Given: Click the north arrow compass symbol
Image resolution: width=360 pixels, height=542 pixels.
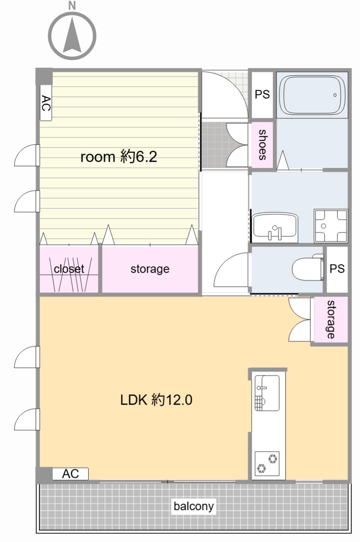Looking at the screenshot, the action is pos(72,36).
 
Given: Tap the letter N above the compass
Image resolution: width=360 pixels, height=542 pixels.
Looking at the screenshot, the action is pos(72,5).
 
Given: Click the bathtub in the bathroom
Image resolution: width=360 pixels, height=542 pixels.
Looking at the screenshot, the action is pos(312,95).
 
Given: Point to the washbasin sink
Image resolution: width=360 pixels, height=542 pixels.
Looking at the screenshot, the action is pos(275,227).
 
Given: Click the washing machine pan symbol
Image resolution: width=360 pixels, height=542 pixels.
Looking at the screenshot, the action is pos(331,226).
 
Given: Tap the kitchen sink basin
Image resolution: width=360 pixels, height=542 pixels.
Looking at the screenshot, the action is pos(267,393).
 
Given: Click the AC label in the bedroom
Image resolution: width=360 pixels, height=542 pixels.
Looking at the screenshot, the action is pos(46,103).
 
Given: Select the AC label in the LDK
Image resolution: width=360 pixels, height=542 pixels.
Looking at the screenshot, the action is pos(70,474).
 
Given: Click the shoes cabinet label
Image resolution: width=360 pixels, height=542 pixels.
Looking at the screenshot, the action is pos(262,145).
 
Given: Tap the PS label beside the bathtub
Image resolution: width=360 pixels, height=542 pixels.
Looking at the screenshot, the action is pos(262,94).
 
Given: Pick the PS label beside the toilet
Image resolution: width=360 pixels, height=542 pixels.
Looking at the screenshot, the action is pos(337,268).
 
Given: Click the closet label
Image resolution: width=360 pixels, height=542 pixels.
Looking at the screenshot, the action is pos(69,269).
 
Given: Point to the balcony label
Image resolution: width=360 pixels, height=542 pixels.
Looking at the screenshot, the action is pos(194,506).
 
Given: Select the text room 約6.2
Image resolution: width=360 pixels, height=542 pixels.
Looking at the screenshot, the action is pos(119,157).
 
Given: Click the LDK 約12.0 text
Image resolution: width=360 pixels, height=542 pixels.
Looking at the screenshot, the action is pos(156,400).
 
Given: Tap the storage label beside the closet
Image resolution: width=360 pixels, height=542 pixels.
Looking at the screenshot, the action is pos(150,269).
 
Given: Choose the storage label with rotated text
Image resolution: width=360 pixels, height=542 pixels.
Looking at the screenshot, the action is pos(330,319).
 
